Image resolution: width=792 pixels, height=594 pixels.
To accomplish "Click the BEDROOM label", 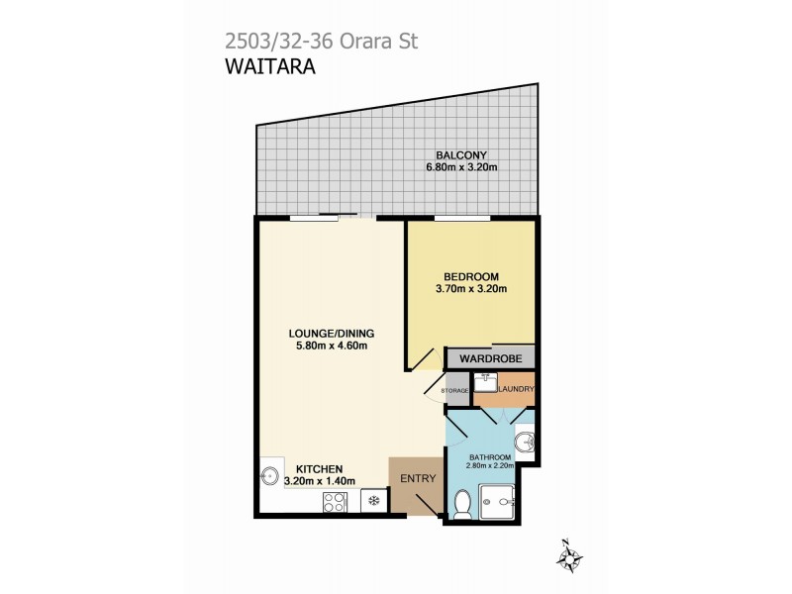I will tap(471, 276).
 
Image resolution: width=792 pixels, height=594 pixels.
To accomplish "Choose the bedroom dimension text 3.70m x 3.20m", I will tap(471, 290).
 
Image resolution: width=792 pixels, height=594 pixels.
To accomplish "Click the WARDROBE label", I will tap(490, 357).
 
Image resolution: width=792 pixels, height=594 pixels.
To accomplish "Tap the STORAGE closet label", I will tap(455, 391).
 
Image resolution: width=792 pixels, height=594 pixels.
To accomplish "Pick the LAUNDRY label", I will tap(516, 389).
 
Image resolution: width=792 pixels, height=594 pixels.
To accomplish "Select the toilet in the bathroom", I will tap(460, 504).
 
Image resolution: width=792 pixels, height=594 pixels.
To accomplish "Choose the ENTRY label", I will tap(418, 479).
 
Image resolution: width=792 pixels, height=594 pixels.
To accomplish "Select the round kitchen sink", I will tap(269, 476).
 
